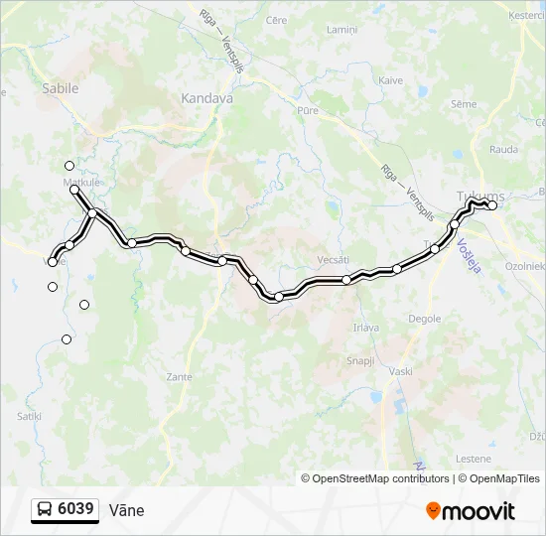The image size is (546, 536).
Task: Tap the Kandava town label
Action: [x=207, y=98]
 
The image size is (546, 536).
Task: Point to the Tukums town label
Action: [x=480, y=195]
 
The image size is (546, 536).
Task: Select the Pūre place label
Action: [x=308, y=110]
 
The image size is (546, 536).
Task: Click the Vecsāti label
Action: [x=333, y=259]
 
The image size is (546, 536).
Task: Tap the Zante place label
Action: [x=180, y=377]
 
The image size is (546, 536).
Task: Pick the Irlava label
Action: [x=366, y=327]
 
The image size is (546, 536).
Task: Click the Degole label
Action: [x=425, y=319]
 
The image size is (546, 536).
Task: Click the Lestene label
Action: [x=474, y=459]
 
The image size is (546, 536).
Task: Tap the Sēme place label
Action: [x=464, y=104]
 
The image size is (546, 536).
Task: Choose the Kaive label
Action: [x=390, y=80]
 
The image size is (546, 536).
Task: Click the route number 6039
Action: [x=76, y=509]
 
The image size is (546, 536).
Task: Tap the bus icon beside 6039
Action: [x=45, y=510]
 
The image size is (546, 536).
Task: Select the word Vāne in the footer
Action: [x=126, y=510]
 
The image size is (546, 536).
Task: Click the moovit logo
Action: [x=471, y=511]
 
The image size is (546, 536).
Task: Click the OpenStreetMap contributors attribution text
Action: [x=380, y=478]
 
